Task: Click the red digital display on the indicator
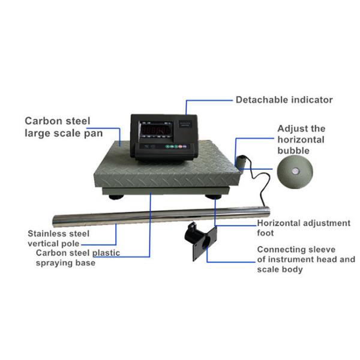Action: click(x=155, y=130)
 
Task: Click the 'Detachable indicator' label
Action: click(x=283, y=100)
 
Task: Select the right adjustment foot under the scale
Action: click(x=212, y=196)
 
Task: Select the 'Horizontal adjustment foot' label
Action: click(x=304, y=227)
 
